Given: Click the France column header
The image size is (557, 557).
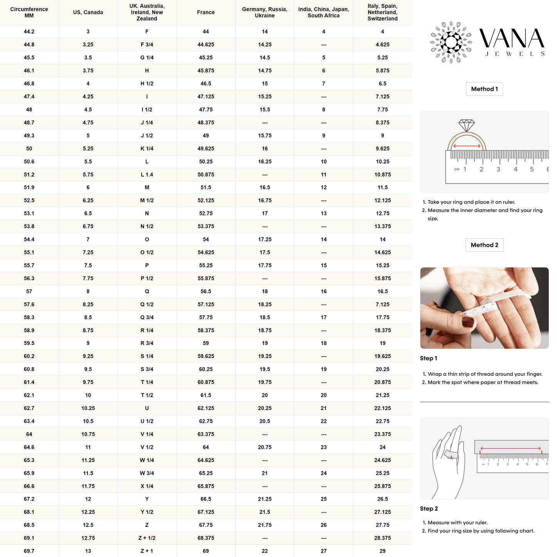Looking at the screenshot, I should point(206,12).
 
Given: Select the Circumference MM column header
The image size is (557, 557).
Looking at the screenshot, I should point(29,12).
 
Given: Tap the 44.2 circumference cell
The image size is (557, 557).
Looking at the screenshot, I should point(29,32).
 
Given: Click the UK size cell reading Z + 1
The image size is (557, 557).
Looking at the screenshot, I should point(147,551).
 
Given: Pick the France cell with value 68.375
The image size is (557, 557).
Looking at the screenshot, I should point(206,538).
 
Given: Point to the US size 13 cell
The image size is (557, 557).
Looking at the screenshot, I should point(88,551).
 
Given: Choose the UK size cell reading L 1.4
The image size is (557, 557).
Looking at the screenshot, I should point(147,175).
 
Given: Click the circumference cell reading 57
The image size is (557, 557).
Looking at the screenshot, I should point(29,291).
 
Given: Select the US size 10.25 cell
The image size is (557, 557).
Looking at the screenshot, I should point(88,408).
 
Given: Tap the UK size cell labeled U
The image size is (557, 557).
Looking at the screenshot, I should point(147,408).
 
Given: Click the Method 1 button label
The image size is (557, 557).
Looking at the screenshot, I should point(484,89).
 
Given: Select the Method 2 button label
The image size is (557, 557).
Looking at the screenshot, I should point(484,245).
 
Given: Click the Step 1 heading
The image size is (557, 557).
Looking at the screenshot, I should point(428,358).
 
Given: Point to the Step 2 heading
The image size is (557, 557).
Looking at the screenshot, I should point(429,509).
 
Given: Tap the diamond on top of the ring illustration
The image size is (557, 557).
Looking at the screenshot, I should point(466,125).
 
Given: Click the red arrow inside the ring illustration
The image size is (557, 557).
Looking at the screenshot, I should point(467,146).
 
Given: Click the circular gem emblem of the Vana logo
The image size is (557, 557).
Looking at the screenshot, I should point(451,42).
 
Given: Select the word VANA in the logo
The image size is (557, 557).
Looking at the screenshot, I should point(512,39).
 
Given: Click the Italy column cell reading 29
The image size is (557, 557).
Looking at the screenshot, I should point(382,551).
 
